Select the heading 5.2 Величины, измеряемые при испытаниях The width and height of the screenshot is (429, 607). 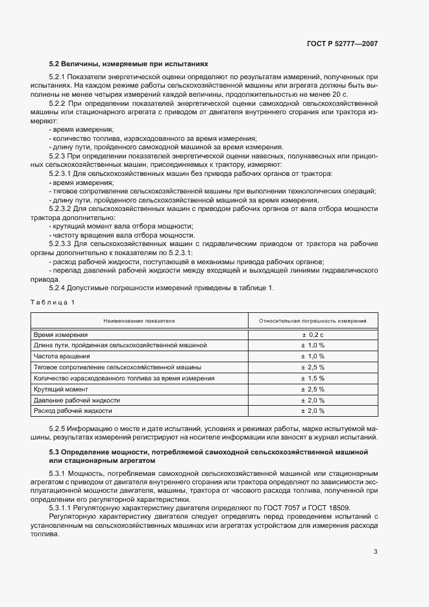pyautogui.click(x=129, y=64)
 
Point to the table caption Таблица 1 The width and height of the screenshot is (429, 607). pyautogui.click(x=53, y=302)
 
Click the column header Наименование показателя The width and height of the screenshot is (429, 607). pyautogui.click(x=140, y=321)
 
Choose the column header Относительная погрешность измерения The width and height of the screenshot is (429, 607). pyautogui.click(x=312, y=321)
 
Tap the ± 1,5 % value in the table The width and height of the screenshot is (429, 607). pyautogui.click(x=312, y=378)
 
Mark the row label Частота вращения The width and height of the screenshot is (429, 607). pyautogui.click(x=62, y=356)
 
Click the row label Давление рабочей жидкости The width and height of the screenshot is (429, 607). pyautogui.click(x=73, y=400)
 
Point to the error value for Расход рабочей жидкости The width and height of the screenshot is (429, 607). pyautogui.click(x=312, y=411)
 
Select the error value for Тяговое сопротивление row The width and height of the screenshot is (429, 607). pyautogui.click(x=312, y=367)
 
